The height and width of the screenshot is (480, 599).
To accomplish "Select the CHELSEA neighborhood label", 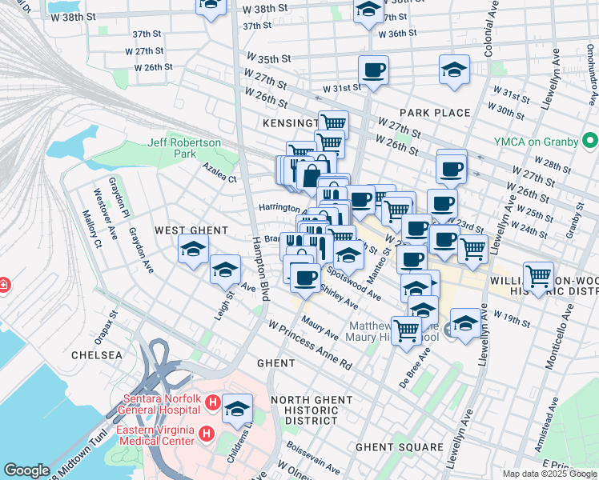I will point(97,354).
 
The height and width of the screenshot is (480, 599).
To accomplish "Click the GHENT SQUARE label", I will point(399,447).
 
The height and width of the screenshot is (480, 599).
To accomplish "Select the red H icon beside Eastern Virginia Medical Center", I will point(206,434).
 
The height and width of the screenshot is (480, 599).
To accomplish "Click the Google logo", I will point(27,470).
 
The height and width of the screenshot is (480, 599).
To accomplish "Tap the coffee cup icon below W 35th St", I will point(373,70).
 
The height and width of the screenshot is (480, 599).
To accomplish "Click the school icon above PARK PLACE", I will point(454,70).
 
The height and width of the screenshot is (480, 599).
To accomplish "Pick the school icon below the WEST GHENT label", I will point(193,250).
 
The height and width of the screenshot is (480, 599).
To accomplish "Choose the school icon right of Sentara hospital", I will point(237,409).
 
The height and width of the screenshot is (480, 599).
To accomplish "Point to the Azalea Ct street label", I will point(220,178).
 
